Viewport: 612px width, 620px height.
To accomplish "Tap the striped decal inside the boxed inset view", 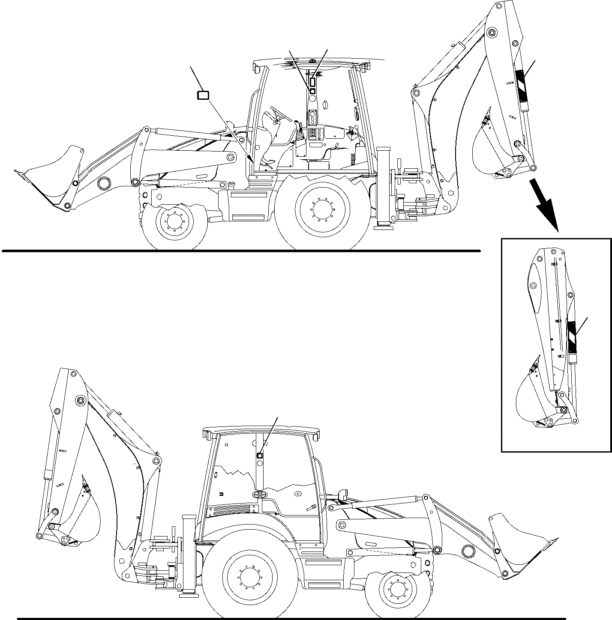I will click(x=572, y=336).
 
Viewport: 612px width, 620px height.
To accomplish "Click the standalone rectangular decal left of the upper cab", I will click(x=203, y=95).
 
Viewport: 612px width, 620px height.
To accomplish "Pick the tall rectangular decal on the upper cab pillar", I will click(x=313, y=82).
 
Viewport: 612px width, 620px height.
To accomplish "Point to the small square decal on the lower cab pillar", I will click(x=259, y=456).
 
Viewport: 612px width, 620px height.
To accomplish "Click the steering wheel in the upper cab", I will click(x=281, y=113).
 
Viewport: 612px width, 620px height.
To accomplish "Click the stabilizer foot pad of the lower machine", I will click(x=189, y=595).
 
